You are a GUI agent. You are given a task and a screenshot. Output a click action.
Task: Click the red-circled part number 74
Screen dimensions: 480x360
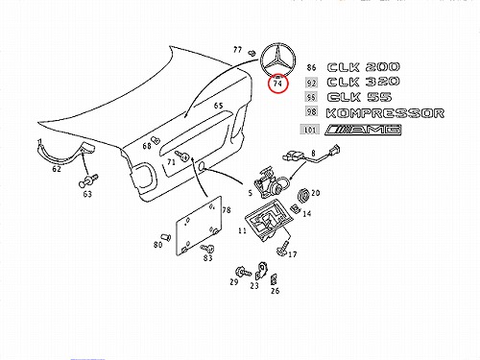(x=277, y=84)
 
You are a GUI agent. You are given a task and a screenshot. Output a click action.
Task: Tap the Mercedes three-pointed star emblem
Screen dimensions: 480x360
(x=277, y=60)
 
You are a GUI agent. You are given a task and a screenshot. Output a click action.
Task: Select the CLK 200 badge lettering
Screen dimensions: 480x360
(x=363, y=67)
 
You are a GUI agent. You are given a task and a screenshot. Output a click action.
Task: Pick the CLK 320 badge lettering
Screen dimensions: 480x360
(x=363, y=82)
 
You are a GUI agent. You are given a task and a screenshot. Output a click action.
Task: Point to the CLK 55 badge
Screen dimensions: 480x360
(x=359, y=97)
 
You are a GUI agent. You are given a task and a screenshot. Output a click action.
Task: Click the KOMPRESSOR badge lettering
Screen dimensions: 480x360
(x=385, y=113)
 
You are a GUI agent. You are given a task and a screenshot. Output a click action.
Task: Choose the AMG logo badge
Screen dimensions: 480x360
(x=363, y=130)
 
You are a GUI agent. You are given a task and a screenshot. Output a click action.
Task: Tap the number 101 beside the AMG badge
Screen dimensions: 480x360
(x=309, y=130)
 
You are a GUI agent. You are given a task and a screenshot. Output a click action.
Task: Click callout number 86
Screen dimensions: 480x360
(x=311, y=67)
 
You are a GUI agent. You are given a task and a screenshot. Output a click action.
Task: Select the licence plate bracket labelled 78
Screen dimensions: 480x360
(x=199, y=226)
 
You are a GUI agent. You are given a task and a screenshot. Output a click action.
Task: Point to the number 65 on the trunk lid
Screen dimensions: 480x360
(x=218, y=106)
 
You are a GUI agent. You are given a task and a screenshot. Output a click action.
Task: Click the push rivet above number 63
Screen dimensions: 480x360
(x=88, y=180)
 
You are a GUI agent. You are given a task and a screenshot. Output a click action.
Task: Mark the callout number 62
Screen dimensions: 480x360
(x=57, y=169)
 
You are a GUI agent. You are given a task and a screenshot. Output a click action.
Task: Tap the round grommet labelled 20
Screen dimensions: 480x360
(x=303, y=196)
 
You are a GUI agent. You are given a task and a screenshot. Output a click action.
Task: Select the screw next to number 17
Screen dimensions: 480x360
(x=281, y=249)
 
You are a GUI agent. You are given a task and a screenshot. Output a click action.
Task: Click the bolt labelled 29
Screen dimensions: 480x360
(x=243, y=273)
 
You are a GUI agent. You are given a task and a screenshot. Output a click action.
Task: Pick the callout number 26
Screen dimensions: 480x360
(x=275, y=291)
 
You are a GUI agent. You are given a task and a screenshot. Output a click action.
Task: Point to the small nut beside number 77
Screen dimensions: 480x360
(x=252, y=53)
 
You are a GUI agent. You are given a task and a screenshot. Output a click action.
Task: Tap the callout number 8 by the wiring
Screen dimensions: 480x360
(x=313, y=153)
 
